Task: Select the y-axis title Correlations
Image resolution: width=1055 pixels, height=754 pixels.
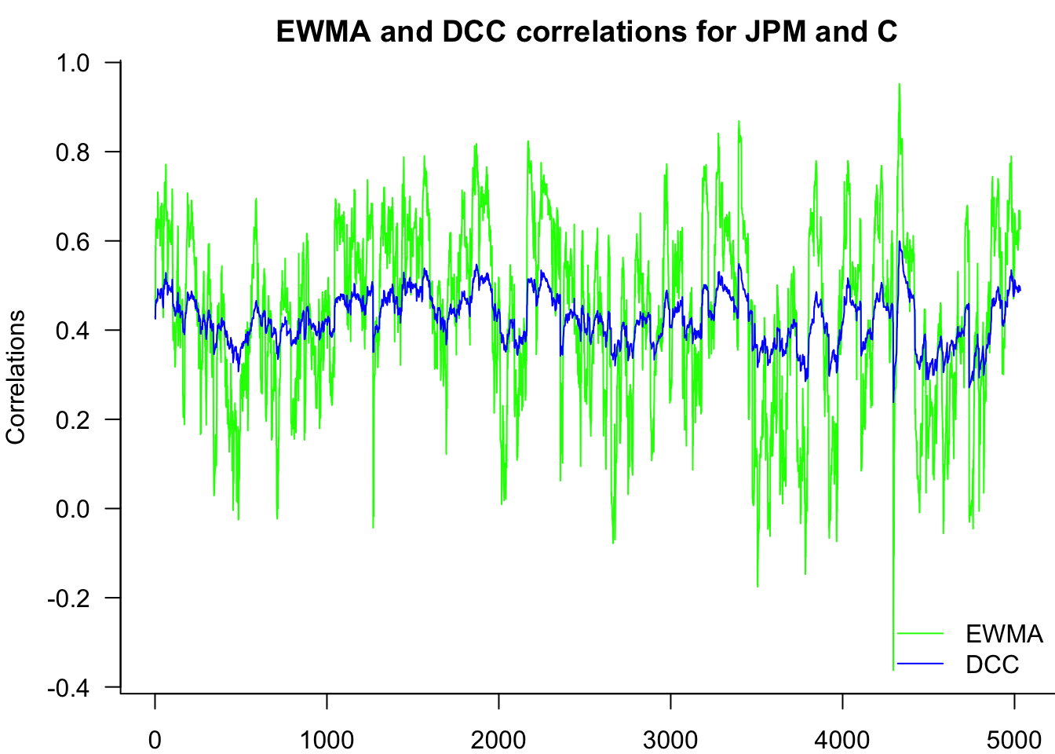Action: (x=16, y=377)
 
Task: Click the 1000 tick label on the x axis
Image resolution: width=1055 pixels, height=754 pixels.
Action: (x=327, y=740)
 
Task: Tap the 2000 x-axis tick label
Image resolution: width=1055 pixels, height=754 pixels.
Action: (x=498, y=740)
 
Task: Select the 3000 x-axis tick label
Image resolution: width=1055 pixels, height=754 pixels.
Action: (x=670, y=740)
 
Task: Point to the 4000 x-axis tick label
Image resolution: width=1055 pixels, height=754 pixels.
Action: (x=842, y=740)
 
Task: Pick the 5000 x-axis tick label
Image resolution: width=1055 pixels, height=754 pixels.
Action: (x=1014, y=740)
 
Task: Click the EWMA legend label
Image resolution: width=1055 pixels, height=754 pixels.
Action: (x=1004, y=634)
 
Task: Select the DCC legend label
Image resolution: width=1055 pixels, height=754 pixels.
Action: (x=992, y=664)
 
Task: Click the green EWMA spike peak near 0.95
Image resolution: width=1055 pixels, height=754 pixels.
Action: (x=900, y=85)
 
